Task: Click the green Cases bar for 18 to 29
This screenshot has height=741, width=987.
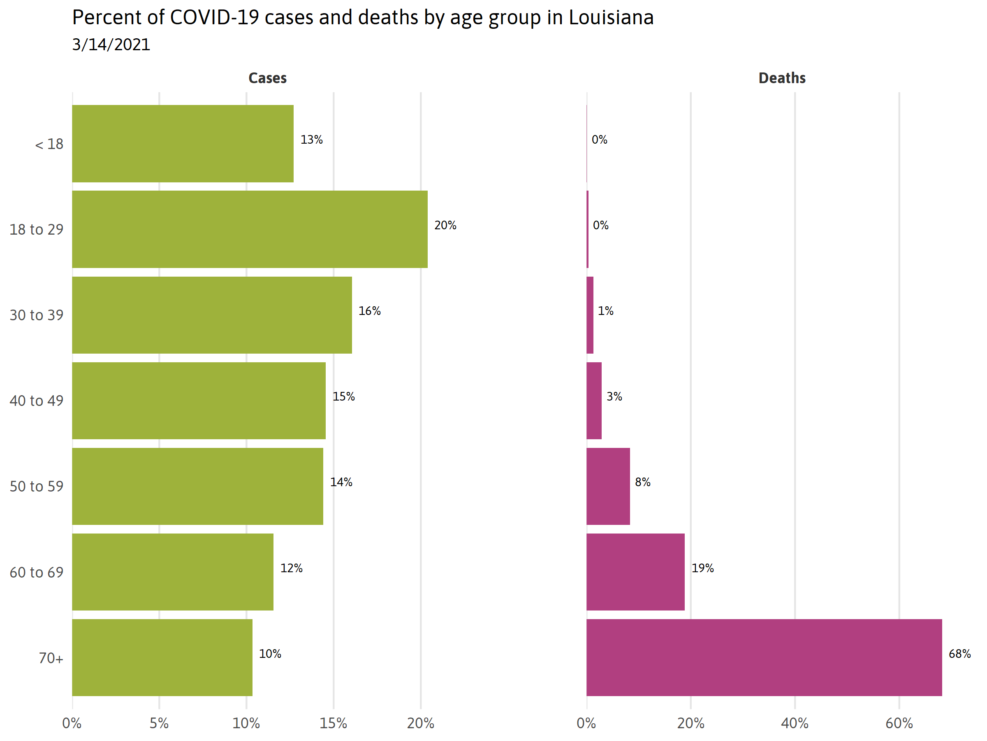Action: tap(250, 229)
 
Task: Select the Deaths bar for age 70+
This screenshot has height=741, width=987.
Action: tap(764, 657)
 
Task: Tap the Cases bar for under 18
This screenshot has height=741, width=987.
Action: tap(183, 143)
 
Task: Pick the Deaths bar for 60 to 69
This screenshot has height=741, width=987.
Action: tap(635, 572)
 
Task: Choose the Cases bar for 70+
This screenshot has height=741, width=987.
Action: tap(162, 657)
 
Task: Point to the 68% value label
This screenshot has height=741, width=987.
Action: tap(959, 654)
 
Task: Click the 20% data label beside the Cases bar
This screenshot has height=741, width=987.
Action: tap(445, 225)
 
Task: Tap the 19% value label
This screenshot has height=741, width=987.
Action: tap(702, 568)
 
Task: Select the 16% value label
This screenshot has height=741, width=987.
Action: tap(369, 311)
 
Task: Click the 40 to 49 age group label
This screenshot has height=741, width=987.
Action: tap(37, 401)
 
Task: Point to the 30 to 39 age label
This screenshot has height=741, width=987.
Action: tap(37, 315)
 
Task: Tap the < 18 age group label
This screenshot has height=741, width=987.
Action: tap(49, 144)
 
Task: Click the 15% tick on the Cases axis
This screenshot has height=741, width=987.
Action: tap(333, 724)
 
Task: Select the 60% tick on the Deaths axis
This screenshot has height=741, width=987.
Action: tap(899, 724)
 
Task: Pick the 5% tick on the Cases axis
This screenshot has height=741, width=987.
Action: tap(159, 724)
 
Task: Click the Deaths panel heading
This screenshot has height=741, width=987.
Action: tap(782, 78)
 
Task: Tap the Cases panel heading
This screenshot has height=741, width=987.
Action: tap(267, 78)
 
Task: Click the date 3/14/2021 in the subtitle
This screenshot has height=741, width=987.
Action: tap(111, 44)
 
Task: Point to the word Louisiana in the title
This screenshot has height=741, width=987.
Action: tap(611, 18)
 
